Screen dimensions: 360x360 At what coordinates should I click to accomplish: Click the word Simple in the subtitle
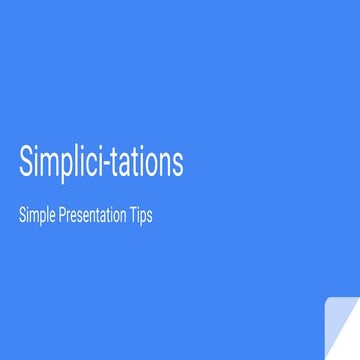37,216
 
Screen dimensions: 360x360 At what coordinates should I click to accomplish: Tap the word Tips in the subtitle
140,216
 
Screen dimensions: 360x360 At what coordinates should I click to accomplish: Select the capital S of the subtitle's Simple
22,215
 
